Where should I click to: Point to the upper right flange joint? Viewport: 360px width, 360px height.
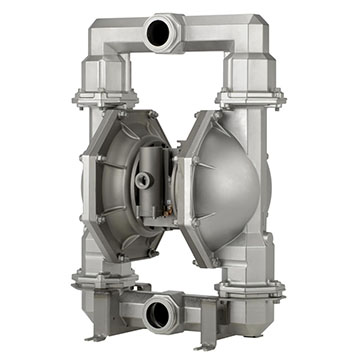[251, 97]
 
